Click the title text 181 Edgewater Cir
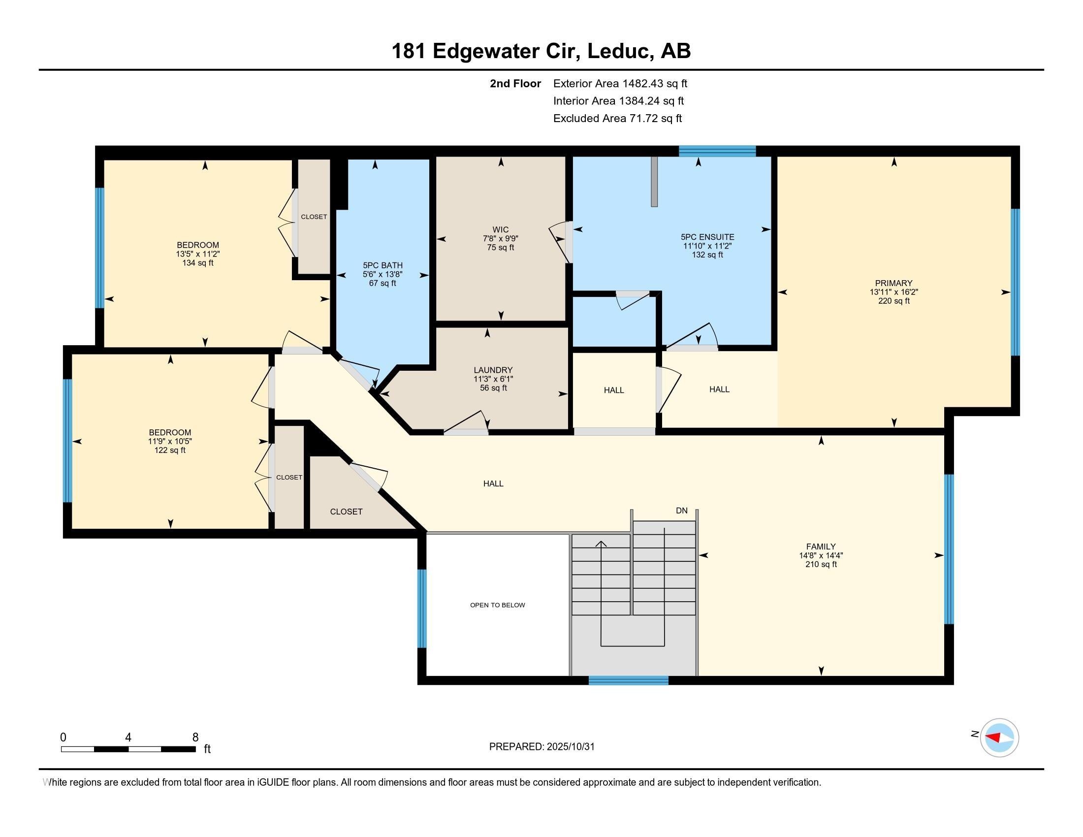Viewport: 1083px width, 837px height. pyautogui.click(x=485, y=51)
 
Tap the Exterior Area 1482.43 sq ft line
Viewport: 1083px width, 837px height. pyautogui.click(x=620, y=83)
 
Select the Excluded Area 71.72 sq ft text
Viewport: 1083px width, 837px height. pyautogui.click(x=617, y=118)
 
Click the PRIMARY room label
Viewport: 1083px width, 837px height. pyautogui.click(x=893, y=283)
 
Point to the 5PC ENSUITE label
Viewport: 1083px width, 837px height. pyautogui.click(x=707, y=237)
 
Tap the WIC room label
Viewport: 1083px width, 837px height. pyautogui.click(x=500, y=229)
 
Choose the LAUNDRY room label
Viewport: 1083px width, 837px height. pyautogui.click(x=493, y=370)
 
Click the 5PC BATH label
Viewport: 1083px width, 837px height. pyautogui.click(x=382, y=265)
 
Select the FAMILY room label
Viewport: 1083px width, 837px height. pyautogui.click(x=821, y=547)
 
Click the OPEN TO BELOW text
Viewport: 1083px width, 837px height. pyautogui.click(x=497, y=605)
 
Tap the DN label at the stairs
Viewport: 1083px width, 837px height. pyautogui.click(x=682, y=510)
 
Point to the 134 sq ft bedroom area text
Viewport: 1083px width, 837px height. pyautogui.click(x=198, y=263)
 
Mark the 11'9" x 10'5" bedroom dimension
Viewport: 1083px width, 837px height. pyautogui.click(x=170, y=441)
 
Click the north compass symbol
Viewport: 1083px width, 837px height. pyautogui.click(x=999, y=738)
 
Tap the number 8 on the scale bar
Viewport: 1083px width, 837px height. pyautogui.click(x=195, y=737)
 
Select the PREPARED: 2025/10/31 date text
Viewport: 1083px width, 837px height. pyautogui.click(x=541, y=746)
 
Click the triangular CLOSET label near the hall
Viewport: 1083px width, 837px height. pyautogui.click(x=346, y=511)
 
